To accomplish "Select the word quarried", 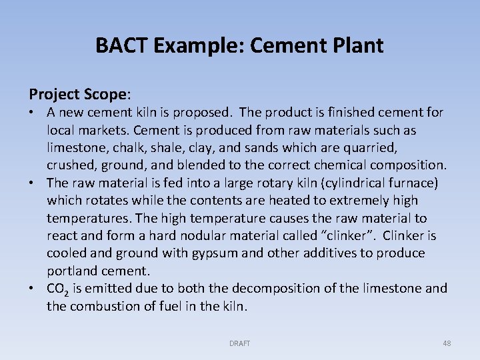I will tap(397, 147).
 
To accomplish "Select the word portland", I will tap(72, 271).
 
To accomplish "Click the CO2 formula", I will tap(55, 289).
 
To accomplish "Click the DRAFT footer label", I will tap(239, 343).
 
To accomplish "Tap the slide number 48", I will tap(447, 343).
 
